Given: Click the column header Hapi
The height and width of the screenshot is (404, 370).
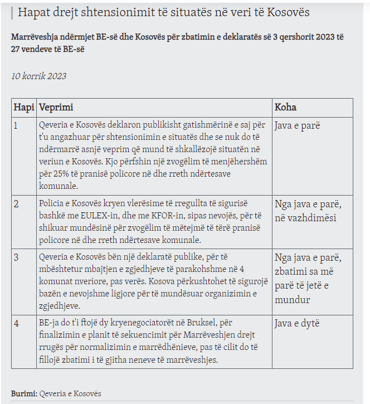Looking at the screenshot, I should pyautogui.click(x=24, y=108).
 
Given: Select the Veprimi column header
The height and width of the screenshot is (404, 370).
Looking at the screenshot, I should pyautogui.click(x=56, y=108).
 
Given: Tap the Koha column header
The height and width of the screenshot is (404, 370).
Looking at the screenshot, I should pyautogui.click(x=285, y=108).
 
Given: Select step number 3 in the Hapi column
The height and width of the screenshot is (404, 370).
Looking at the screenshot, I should pyautogui.click(x=16, y=257).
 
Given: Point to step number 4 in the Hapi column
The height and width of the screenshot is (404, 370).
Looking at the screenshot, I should pyautogui.click(x=16, y=324).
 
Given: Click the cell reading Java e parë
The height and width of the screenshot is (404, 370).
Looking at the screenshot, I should pyautogui.click(x=297, y=126).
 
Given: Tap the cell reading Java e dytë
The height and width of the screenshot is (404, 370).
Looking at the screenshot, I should pyautogui.click(x=297, y=324).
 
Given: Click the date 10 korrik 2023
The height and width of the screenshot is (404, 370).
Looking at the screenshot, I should pyautogui.click(x=38, y=76).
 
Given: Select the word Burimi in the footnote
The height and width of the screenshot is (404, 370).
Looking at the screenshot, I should pyautogui.click(x=23, y=393).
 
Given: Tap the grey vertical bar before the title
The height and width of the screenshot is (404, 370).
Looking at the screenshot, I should pyautogui.click(x=12, y=12).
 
